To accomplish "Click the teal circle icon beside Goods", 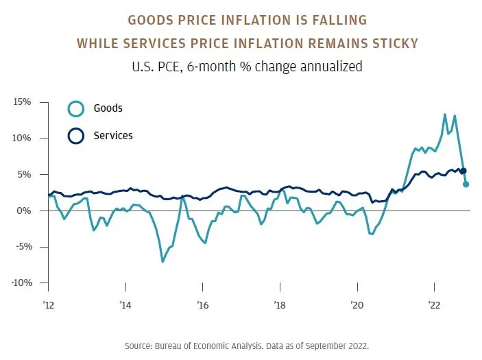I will click(75, 108).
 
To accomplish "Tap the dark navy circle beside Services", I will click(75, 136).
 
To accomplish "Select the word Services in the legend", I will click(113, 136).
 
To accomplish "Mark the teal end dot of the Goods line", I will click(466, 184).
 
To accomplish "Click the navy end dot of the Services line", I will click(463, 171).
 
